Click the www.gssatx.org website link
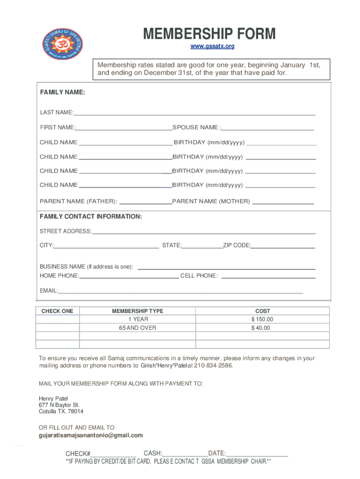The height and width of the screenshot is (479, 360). point(212,46)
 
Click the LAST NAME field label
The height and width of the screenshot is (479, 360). point(56,112)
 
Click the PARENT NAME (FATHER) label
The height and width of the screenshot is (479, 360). point(78,202)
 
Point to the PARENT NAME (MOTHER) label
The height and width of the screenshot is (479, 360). point(211,202)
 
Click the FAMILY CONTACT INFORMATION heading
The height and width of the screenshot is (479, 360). point(91,217)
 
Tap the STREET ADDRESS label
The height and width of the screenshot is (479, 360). point(65,231)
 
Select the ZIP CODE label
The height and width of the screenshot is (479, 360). point(237,246)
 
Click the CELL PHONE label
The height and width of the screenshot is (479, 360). point(199,276)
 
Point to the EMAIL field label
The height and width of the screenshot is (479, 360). point(48,291)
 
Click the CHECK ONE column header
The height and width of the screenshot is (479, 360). point(58,311)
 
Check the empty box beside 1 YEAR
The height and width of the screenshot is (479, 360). point(58,319)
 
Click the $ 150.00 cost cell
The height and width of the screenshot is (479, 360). point(262,319)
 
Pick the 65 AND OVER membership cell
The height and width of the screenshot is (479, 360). point(137,328)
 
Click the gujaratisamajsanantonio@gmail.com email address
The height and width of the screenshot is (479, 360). point(91,435)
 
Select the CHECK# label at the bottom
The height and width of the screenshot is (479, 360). point(78,454)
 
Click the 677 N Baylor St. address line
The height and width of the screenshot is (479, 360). point(59,405)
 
